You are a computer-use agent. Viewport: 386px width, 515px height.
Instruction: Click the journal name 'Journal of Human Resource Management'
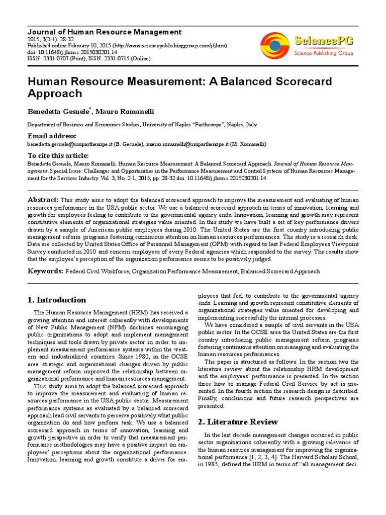pyautogui.click(x=104, y=32)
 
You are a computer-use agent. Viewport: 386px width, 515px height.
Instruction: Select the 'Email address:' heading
pyautogui.click(x=52, y=136)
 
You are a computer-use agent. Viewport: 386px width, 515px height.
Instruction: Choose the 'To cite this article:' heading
pyautogui.click(x=58, y=155)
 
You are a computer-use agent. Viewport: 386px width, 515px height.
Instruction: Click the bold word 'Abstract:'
pyautogui.click(x=43, y=200)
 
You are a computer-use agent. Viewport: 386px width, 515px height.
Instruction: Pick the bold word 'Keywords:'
pyautogui.click(x=45, y=271)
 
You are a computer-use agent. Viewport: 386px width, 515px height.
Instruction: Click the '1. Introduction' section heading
pyautogui.click(x=56, y=300)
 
